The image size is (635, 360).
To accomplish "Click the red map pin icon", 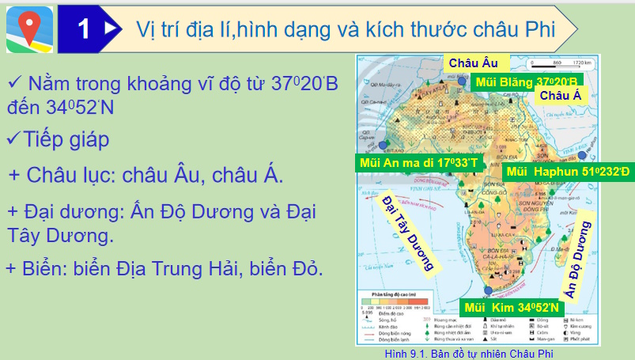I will click(29, 28).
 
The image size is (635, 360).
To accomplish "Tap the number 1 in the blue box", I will click(85, 29).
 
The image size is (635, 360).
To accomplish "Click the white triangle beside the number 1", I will click(111, 28).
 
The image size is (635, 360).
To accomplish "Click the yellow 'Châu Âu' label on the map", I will click(473, 63).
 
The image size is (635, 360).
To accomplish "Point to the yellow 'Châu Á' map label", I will click(560, 95).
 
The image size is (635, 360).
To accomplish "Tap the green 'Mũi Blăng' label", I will click(524, 81).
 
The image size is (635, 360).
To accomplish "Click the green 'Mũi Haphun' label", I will click(569, 171).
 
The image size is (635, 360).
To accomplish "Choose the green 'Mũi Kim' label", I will click(511, 308).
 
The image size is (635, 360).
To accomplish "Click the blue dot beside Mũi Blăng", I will click(462, 80).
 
